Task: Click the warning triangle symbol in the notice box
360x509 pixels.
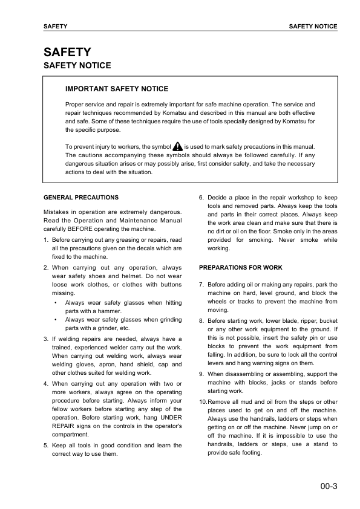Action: pyautogui.click(x=177, y=147)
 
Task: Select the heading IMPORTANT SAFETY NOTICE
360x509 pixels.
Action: pyautogui.click(x=117, y=89)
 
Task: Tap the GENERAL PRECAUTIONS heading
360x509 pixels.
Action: pyautogui.click(x=81, y=197)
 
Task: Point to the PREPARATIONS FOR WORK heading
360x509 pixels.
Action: pyautogui.click(x=240, y=267)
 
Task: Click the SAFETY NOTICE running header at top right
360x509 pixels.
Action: pyautogui.click(x=313, y=27)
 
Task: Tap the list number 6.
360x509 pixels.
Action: pyautogui.click(x=201, y=197)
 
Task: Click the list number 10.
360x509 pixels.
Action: pyautogui.click(x=203, y=401)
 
